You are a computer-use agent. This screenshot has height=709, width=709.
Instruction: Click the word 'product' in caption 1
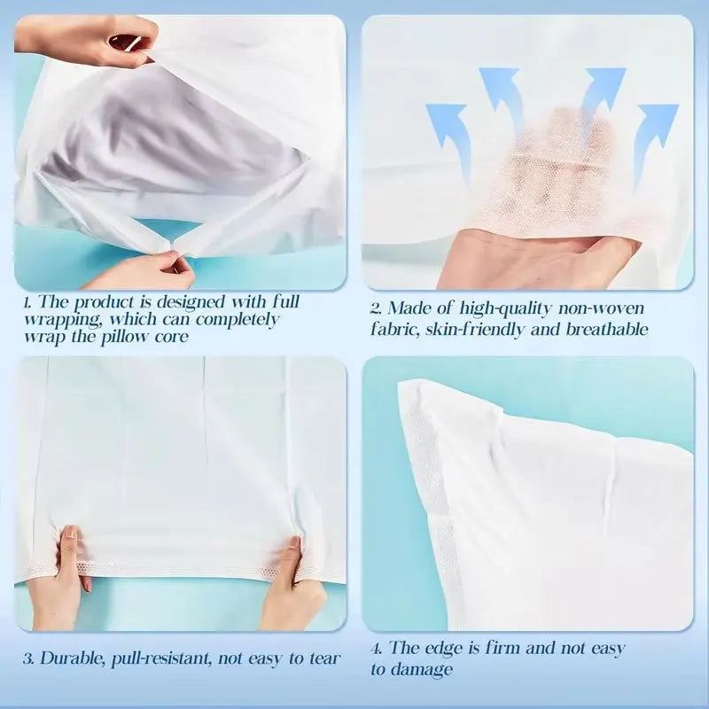pos(104,302)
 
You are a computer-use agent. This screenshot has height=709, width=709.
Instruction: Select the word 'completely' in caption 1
pos(238,320)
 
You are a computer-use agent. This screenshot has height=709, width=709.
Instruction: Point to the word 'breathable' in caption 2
pos(607,329)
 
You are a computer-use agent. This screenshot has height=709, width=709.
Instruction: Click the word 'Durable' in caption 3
pos(73,658)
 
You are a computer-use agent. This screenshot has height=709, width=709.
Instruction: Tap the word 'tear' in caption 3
pos(324,658)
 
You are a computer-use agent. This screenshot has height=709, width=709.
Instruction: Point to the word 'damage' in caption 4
pos(421,670)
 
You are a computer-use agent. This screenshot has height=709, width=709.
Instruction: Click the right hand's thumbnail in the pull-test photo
pos(294,542)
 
